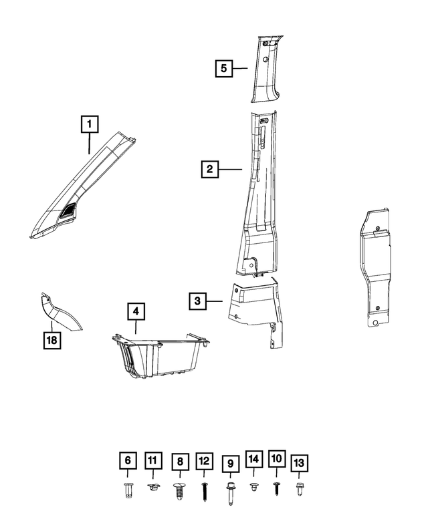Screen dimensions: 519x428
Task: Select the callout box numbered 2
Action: click(209, 170)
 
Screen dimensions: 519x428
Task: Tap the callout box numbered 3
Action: click(197, 301)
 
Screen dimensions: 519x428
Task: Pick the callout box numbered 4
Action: click(135, 311)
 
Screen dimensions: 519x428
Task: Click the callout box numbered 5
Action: click(224, 67)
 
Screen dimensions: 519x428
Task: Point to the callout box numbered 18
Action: click(51, 341)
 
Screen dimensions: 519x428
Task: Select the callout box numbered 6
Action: click(128, 461)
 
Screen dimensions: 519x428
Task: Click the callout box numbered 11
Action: click(153, 461)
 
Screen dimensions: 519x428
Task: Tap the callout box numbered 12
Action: click(204, 461)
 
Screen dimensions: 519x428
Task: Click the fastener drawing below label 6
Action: click(128, 490)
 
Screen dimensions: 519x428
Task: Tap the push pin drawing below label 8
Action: click(179, 491)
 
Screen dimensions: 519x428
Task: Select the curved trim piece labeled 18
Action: click(62, 313)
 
